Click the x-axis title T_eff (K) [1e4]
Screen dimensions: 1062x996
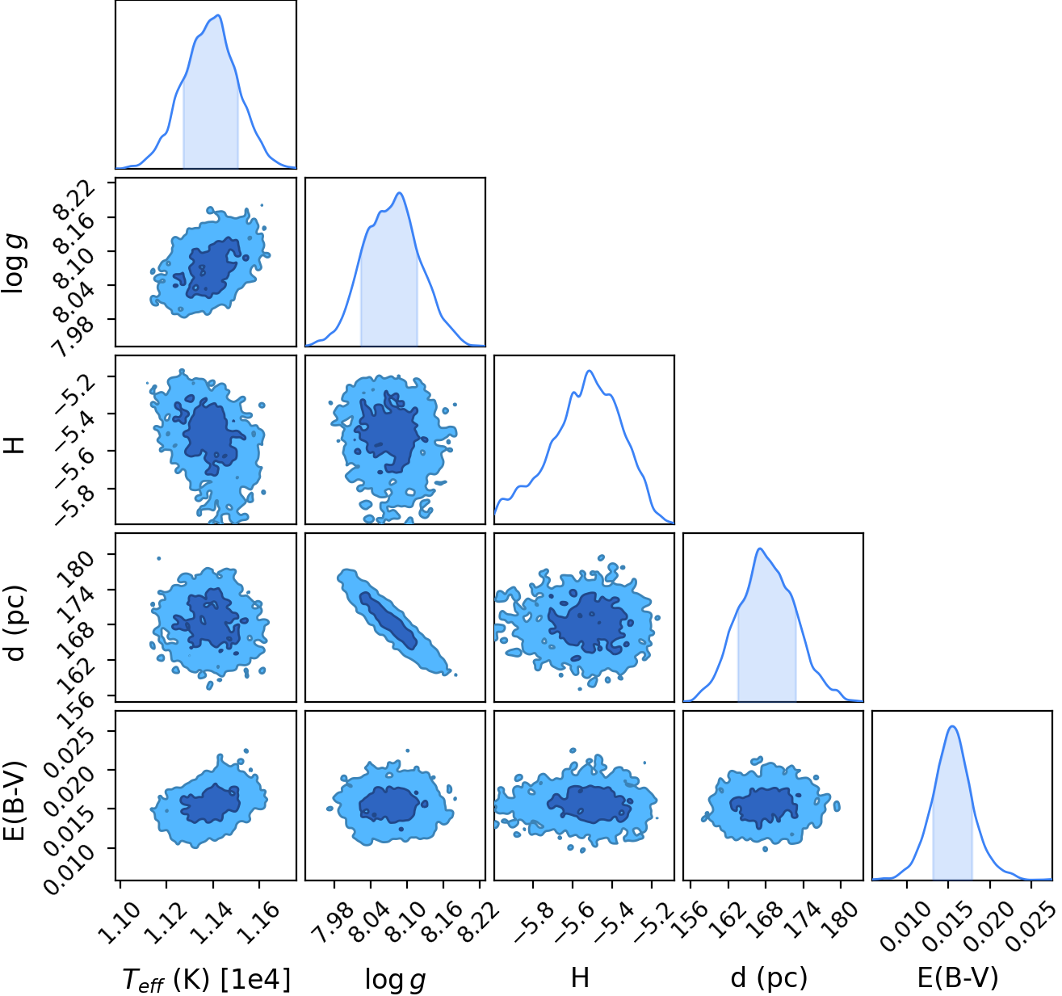(x=207, y=979)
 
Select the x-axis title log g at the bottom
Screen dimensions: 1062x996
(x=395, y=980)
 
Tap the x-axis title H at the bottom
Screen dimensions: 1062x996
(x=580, y=977)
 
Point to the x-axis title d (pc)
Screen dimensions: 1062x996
(x=769, y=978)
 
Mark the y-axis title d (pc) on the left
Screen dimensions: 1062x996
(x=15, y=622)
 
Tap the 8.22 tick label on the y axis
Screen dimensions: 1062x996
(x=75, y=198)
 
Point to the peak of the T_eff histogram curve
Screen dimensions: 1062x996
(x=219, y=15)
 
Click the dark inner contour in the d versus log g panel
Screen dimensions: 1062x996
(x=388, y=620)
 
